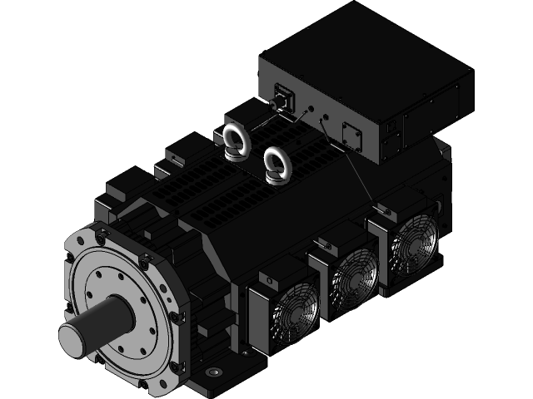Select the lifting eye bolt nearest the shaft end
point(236,139)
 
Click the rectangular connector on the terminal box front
point(283,97)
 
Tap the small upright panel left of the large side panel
point(391,141)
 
